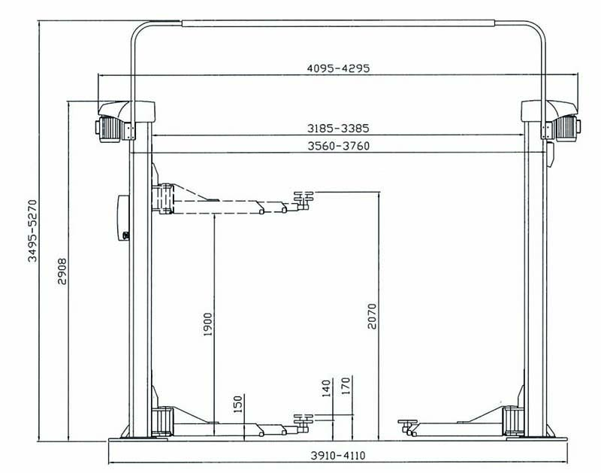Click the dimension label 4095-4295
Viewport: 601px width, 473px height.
(338, 68)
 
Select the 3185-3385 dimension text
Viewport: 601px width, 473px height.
(338, 128)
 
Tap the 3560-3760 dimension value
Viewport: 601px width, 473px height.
(339, 146)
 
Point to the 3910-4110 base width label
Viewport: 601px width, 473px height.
(337, 456)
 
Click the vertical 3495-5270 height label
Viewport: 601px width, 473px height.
(32, 231)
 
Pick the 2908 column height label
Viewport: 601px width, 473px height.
(62, 271)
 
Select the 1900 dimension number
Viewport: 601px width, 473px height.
(207, 325)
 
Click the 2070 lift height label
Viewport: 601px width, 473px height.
(372, 317)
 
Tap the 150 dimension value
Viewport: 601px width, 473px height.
(238, 405)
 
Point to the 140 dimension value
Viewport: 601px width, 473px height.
(326, 388)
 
